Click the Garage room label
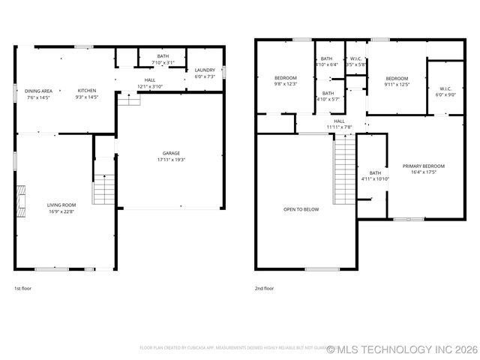[171, 153]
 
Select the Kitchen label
[86, 91]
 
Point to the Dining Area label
[38, 91]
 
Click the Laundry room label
[205, 70]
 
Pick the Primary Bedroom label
[423, 166]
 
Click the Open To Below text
[301, 209]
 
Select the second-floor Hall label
[339, 121]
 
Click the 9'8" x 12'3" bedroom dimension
[285, 84]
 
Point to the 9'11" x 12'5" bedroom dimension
[397, 84]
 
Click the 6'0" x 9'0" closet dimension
[445, 94]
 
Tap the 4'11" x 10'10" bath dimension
[375, 179]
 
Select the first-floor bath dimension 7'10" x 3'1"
[163, 62]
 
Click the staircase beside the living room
[103, 189]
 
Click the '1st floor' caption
[23, 288]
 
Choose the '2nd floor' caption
[264, 288]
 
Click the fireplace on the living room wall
[21, 200]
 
